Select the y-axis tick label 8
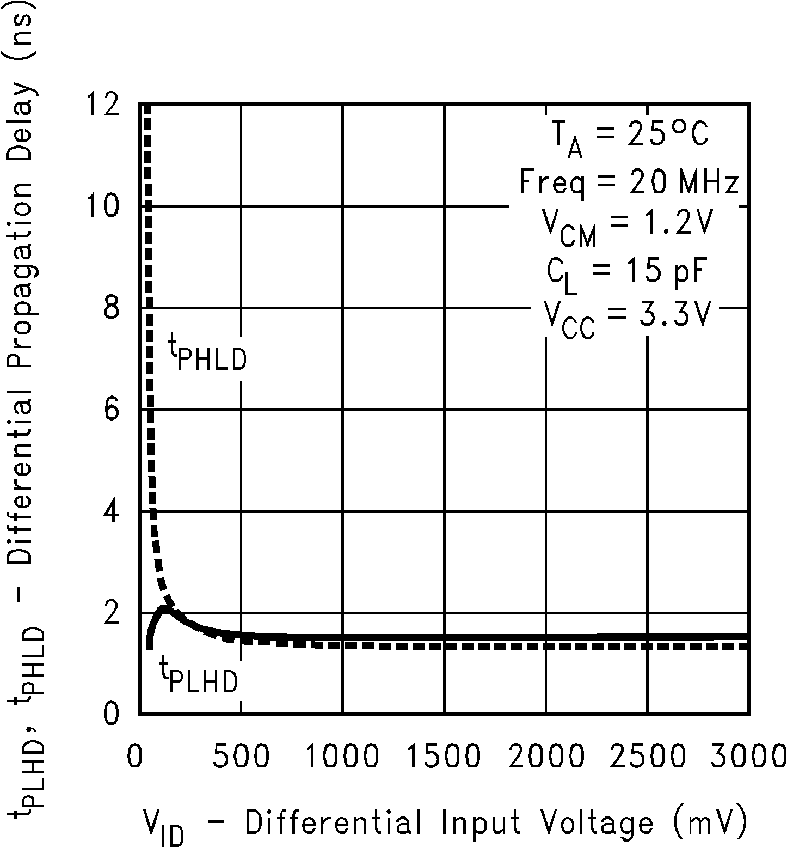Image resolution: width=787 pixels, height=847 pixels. (111, 308)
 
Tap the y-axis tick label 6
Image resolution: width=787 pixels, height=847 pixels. (111, 409)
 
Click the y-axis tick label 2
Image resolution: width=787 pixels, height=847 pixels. (111, 613)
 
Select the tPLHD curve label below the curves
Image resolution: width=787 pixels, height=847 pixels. (199, 675)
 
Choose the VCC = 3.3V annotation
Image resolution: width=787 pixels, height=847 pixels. (626, 319)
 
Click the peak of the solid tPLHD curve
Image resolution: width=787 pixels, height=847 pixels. (164, 608)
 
